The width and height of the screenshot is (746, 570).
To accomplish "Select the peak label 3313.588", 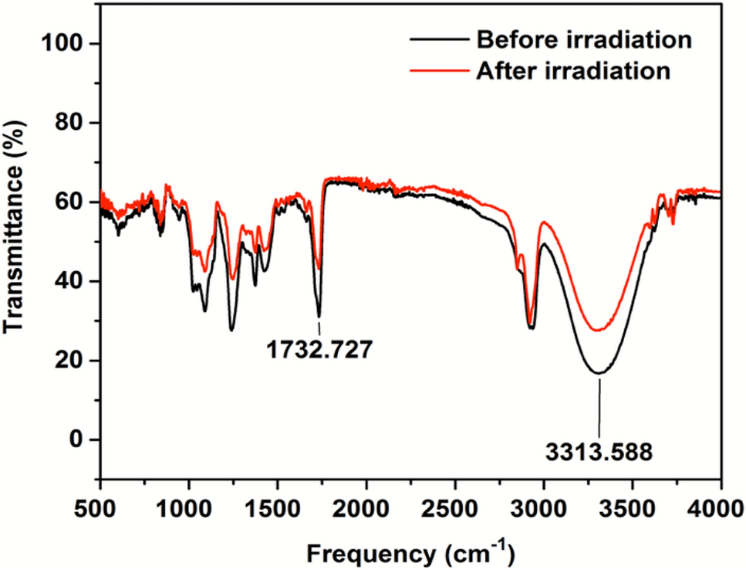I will (599, 450).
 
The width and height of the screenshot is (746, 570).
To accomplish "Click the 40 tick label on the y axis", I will (75, 281).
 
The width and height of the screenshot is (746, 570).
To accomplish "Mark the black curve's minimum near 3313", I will (599, 373).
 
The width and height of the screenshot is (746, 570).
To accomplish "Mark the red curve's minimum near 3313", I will (598, 331).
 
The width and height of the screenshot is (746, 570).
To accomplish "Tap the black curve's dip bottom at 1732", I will (319, 316).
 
